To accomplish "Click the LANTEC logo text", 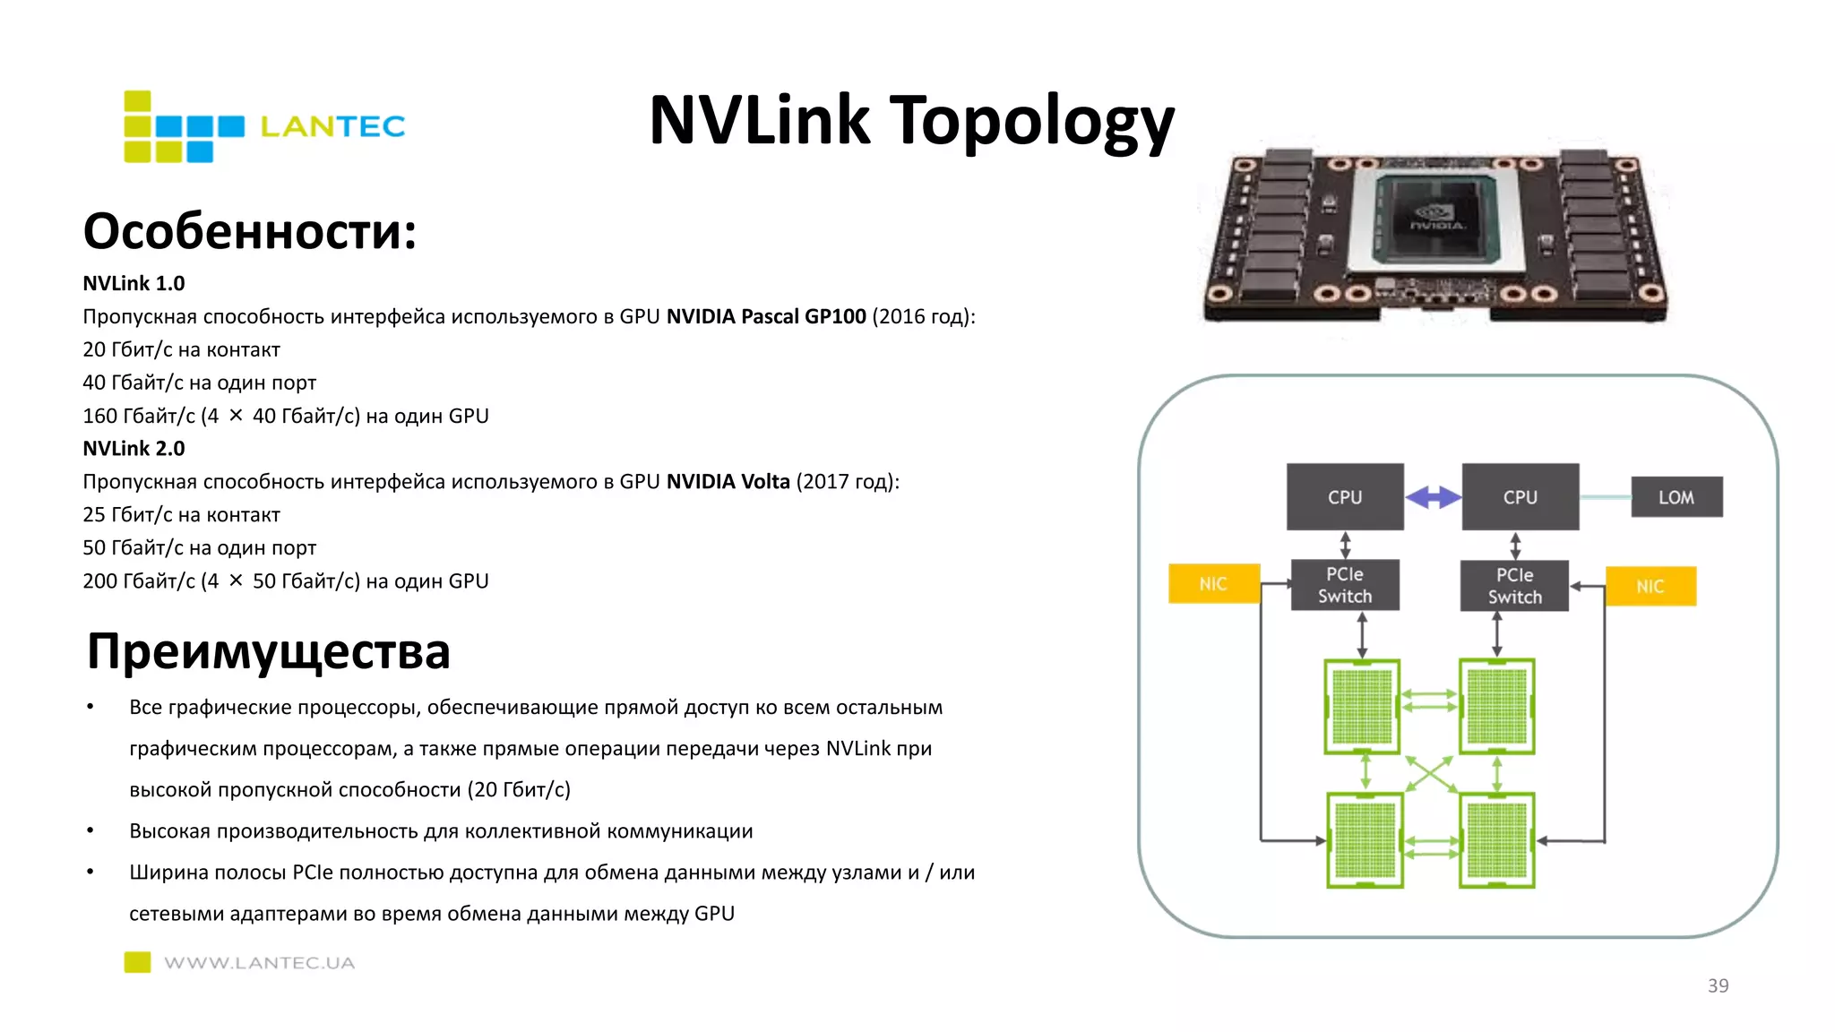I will point(332,126).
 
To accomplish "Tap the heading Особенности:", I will point(250,231).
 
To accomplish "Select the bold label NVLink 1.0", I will point(134,283).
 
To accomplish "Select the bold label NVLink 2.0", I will point(134,448).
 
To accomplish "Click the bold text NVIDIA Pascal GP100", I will point(766,316).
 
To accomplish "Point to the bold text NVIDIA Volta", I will point(728,481).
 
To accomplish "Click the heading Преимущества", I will point(268,651).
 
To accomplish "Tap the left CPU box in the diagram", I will point(1345,496).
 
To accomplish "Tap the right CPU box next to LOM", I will point(1520,496).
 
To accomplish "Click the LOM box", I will point(1676,497).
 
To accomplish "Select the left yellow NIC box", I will point(1213,584).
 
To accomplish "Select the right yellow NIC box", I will point(1650,586).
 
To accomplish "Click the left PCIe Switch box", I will point(1345,585).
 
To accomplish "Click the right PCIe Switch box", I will point(1514,586).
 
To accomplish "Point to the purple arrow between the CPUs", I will point(1433,497).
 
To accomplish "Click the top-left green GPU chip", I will point(1362,707).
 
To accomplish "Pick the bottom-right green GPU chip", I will point(1496,840).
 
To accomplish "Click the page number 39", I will point(1718,985).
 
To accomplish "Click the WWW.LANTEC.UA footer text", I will point(259,963).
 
